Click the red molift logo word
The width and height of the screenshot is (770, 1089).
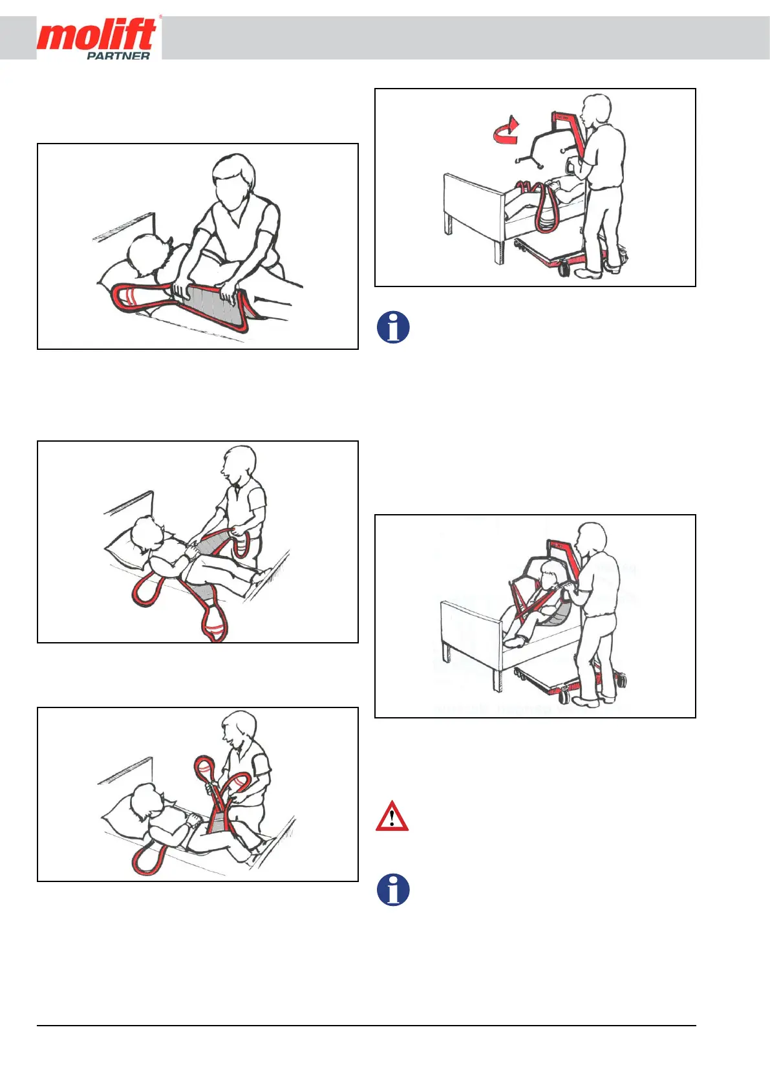point(97,35)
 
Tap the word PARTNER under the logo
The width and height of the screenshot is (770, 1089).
point(118,56)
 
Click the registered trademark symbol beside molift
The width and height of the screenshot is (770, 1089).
point(160,17)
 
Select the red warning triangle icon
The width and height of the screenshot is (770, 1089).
point(392,816)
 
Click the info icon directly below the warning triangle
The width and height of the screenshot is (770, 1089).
point(393,890)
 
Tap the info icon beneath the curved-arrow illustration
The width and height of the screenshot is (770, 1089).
point(393,327)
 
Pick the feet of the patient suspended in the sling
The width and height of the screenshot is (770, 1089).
point(515,642)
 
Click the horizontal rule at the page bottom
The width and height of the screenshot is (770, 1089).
point(367,1026)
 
